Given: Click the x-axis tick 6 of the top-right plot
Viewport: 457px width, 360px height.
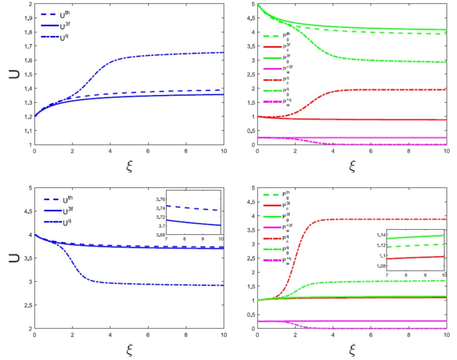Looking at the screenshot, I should (371, 151).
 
